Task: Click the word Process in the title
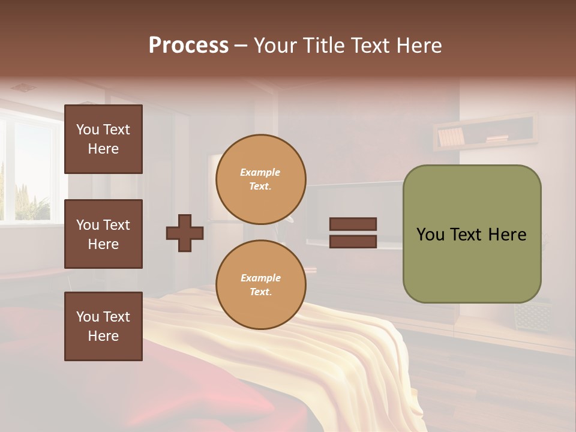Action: (188, 46)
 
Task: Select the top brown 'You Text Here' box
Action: (103, 139)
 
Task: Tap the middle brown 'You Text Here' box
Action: (103, 234)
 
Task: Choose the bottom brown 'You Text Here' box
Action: (103, 326)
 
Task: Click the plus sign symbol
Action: (185, 233)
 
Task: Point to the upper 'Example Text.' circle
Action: (260, 179)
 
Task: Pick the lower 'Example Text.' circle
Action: (260, 285)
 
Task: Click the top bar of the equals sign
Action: (353, 224)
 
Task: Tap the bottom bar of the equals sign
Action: (353, 241)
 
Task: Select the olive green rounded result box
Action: (472, 234)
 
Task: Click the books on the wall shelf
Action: (451, 137)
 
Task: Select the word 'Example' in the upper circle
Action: (260, 172)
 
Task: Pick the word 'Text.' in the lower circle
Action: (260, 292)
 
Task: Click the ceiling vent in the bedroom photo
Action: (23, 88)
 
